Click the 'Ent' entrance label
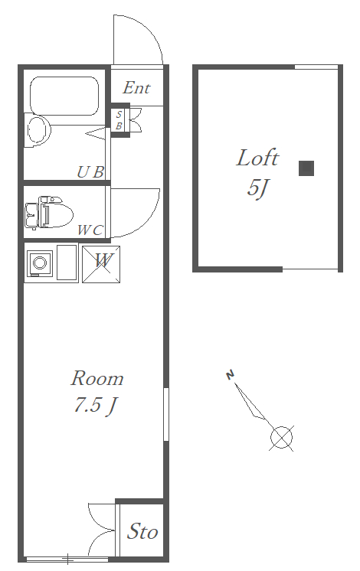tap(136, 88)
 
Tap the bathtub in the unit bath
tap(64, 96)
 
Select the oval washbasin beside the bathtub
tap(38, 130)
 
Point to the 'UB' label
tap(90, 172)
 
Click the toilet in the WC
tap(49, 213)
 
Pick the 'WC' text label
tap(90, 230)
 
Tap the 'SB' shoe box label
tap(119, 120)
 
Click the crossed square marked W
tap(101, 264)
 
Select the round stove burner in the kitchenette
tap(39, 263)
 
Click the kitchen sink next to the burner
tap(67, 263)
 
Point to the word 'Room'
tap(97, 378)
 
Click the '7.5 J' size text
tap(95, 404)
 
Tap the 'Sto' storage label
tap(142, 531)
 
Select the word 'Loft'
tap(257, 158)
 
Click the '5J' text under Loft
tap(257, 188)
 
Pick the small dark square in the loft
tap(306, 168)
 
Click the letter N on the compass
tap(230, 374)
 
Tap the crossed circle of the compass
tap(281, 437)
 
